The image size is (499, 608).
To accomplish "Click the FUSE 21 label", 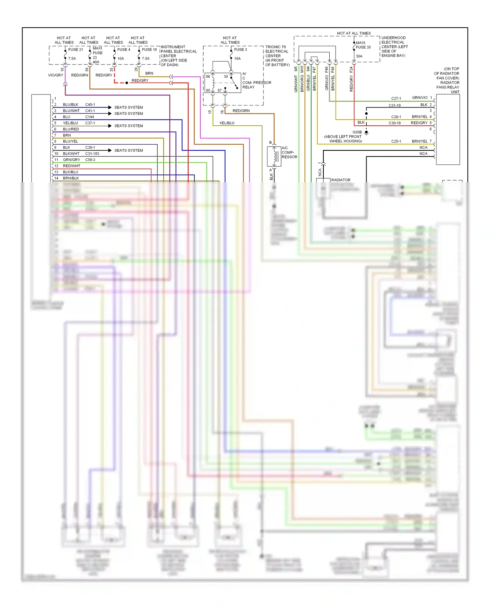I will (76, 50).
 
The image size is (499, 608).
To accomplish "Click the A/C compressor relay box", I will (223, 83).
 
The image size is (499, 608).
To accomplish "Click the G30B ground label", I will (357, 132).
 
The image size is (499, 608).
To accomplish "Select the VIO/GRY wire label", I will (55, 75).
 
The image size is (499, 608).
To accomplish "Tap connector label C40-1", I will (90, 104).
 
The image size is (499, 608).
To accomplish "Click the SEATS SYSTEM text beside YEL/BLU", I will (128, 126).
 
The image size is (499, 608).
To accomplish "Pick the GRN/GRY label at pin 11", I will (72, 160).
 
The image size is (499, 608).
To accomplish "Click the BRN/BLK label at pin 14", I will (71, 178).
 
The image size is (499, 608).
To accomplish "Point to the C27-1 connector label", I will (396, 98).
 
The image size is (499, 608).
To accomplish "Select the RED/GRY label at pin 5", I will (419, 123).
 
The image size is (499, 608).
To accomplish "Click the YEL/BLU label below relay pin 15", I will (227, 123).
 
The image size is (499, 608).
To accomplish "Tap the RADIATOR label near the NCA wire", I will (341, 180).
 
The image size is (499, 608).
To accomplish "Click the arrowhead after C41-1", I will (110, 113).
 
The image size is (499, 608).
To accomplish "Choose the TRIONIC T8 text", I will (275, 47).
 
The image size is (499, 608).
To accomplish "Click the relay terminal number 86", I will (208, 76).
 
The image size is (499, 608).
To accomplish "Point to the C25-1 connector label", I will (396, 141).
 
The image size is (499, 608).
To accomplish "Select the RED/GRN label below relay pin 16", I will (241, 111).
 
